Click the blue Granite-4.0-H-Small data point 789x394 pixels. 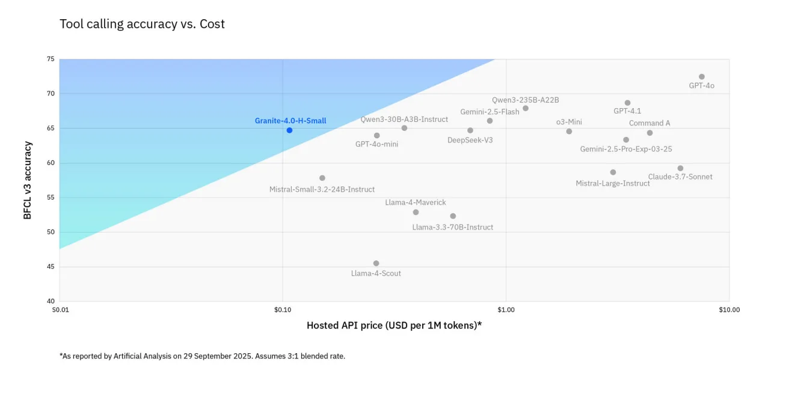[289, 130]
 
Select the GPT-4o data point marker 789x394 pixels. [702, 77]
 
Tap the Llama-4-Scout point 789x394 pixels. [376, 264]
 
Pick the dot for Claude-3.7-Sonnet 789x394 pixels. [680, 169]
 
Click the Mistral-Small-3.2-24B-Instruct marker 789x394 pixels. [322, 178]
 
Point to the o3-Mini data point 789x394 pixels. [569, 132]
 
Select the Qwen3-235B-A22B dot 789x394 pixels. [526, 109]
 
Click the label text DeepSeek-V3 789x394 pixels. [470, 140]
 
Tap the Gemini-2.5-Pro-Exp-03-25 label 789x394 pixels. [626, 149]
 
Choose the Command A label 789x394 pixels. [649, 123]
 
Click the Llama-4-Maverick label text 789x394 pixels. [416, 202]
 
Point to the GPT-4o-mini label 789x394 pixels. [376, 144]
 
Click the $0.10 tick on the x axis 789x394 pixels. [283, 310]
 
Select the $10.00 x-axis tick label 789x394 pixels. [729, 310]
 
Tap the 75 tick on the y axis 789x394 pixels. [51, 59]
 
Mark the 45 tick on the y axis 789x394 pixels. [51, 267]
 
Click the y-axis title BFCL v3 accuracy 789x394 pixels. [27, 180]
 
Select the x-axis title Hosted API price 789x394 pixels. [394, 326]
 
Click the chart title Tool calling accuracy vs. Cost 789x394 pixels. [142, 24]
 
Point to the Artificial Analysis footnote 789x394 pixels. [202, 356]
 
